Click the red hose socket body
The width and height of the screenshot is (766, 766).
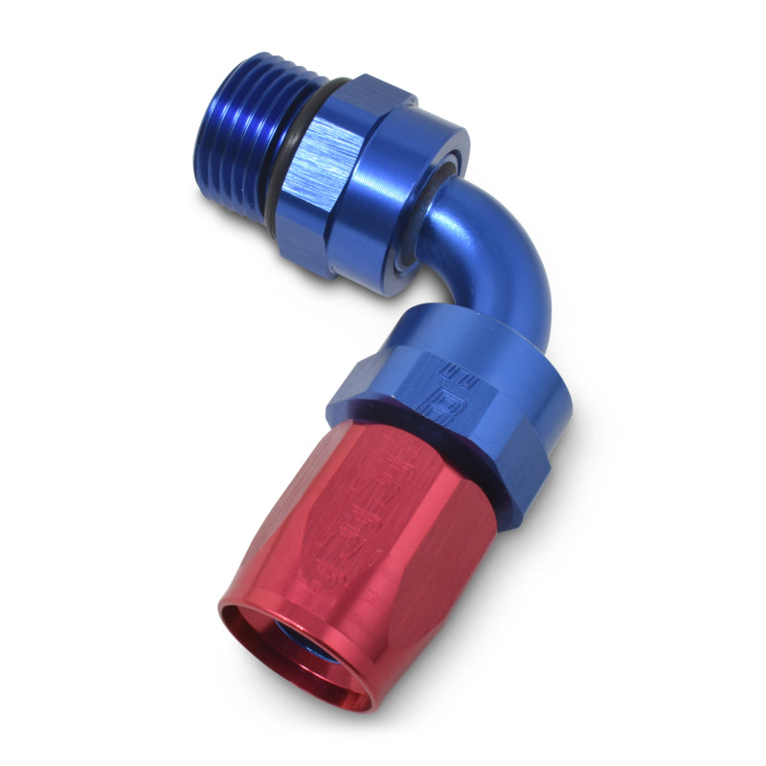364,536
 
